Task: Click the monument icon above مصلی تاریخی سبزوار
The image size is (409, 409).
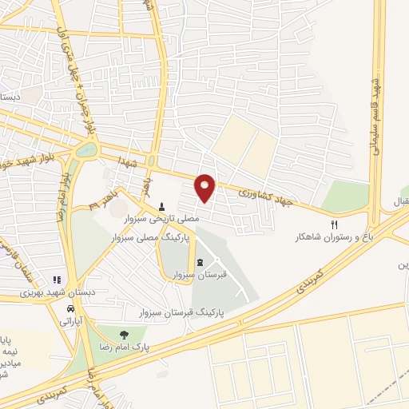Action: (x=162, y=206)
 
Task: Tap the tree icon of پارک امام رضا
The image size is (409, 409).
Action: (x=123, y=335)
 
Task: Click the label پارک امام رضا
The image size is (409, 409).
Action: (x=125, y=349)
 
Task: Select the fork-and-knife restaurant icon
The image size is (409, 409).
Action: (x=335, y=224)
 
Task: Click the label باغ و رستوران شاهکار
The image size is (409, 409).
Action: (x=320, y=237)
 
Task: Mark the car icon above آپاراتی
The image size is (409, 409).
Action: (x=72, y=308)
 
